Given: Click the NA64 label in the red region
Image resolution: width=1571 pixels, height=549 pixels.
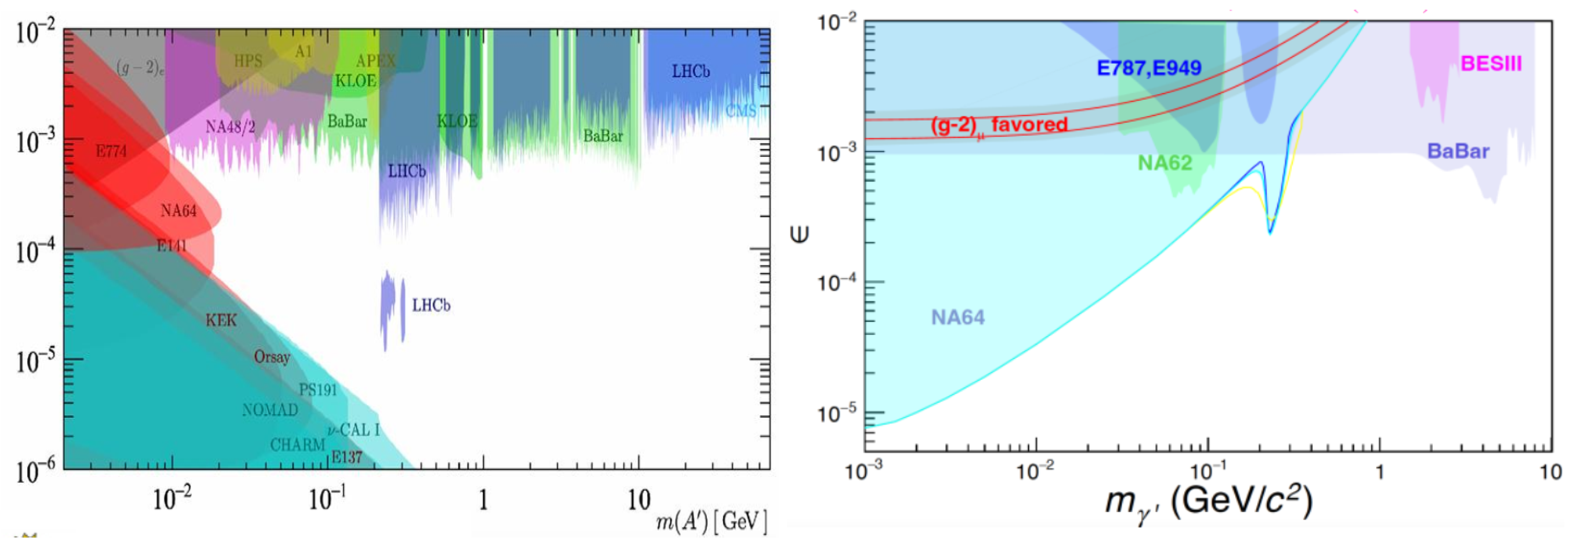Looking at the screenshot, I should click(x=178, y=211).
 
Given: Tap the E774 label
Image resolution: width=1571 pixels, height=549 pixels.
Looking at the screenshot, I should click(x=111, y=151).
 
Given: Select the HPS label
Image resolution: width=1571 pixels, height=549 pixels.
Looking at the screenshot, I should click(x=248, y=61).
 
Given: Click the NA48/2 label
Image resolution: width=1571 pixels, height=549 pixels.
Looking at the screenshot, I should click(x=230, y=127).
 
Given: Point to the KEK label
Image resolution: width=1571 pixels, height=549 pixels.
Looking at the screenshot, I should click(x=220, y=320).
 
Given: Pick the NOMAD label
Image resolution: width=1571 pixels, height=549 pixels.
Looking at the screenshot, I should click(x=270, y=410).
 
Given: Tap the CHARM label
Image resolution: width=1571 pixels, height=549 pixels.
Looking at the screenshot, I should click(x=297, y=444).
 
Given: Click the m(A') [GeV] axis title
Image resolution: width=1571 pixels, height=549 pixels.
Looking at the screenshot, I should click(x=711, y=522).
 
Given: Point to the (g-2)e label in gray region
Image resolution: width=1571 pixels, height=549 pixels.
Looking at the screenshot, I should click(x=140, y=68).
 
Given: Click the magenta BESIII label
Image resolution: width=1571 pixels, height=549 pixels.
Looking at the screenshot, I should click(x=1491, y=63).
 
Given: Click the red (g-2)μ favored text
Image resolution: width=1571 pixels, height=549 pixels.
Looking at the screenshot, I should click(x=998, y=125).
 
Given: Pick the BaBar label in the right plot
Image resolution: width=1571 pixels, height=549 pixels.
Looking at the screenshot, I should click(x=1458, y=151).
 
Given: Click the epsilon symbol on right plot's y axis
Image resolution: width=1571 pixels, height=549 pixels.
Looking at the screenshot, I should click(x=799, y=234).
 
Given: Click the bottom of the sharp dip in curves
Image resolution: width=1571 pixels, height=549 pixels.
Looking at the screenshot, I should click(x=1270, y=232).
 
